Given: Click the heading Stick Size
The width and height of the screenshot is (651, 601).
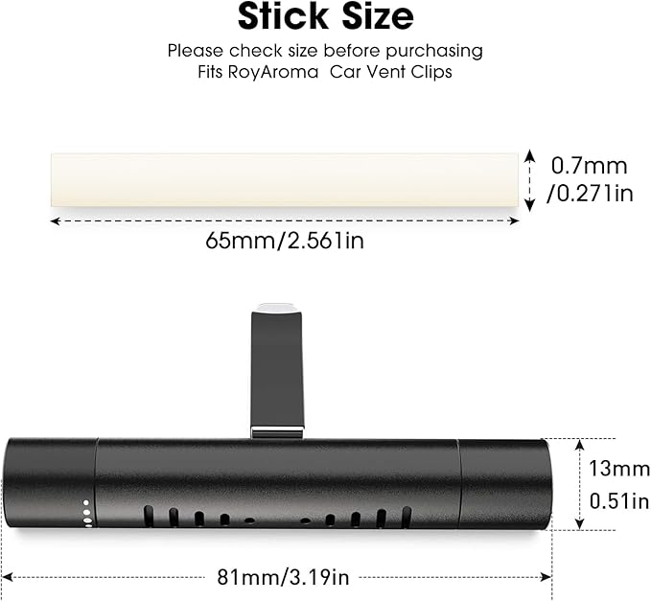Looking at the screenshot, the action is click(x=326, y=16).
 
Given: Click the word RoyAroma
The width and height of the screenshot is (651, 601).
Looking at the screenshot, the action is click(x=273, y=72).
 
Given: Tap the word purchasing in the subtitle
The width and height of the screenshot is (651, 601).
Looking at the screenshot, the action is click(x=434, y=52).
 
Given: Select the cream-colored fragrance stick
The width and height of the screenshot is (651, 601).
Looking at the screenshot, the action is click(x=285, y=179).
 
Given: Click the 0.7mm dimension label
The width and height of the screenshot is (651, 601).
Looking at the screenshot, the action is click(x=589, y=166).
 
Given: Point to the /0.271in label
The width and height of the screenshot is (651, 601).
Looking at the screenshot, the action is click(x=590, y=194).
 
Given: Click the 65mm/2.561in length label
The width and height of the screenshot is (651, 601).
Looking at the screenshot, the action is click(x=285, y=241).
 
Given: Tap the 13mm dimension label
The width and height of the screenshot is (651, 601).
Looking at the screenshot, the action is click(x=619, y=469).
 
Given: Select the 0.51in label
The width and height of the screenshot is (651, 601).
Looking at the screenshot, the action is click(x=619, y=501).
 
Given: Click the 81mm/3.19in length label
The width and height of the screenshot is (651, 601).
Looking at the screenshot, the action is click(x=283, y=577).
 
